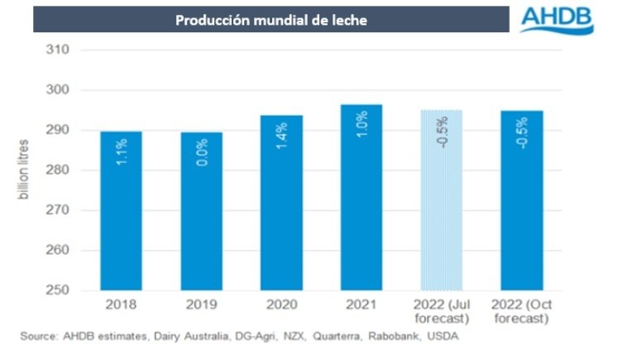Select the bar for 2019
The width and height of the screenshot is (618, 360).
point(203,211)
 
